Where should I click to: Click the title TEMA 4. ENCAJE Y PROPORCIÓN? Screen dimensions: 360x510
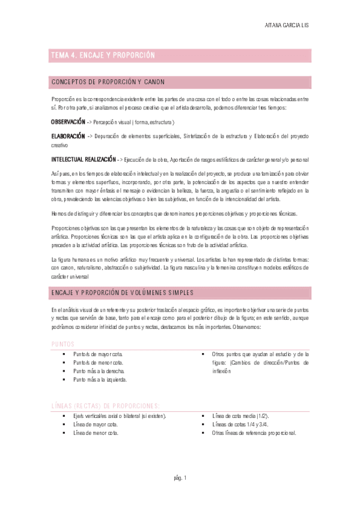tap(103, 55)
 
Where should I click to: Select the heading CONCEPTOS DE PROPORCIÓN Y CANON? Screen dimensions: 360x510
tap(108, 82)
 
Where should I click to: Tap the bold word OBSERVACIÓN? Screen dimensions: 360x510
tap(68, 121)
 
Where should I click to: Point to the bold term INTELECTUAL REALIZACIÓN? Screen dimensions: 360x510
tap(83, 159)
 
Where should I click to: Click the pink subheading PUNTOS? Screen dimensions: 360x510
tap(63, 343)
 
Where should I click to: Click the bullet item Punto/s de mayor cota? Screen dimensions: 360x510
tap(98, 354)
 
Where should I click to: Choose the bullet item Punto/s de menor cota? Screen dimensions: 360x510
tap(98, 363)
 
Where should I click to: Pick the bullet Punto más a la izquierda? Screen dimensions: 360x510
tap(100, 379)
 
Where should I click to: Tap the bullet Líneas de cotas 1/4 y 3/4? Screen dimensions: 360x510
tap(240, 424)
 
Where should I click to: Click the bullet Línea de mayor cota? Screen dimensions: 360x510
tap(95, 424)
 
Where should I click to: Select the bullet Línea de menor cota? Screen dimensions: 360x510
tap(95, 432)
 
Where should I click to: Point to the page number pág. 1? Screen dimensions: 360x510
tap(180, 478)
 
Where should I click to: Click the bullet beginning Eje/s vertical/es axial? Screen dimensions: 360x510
tap(120, 416)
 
